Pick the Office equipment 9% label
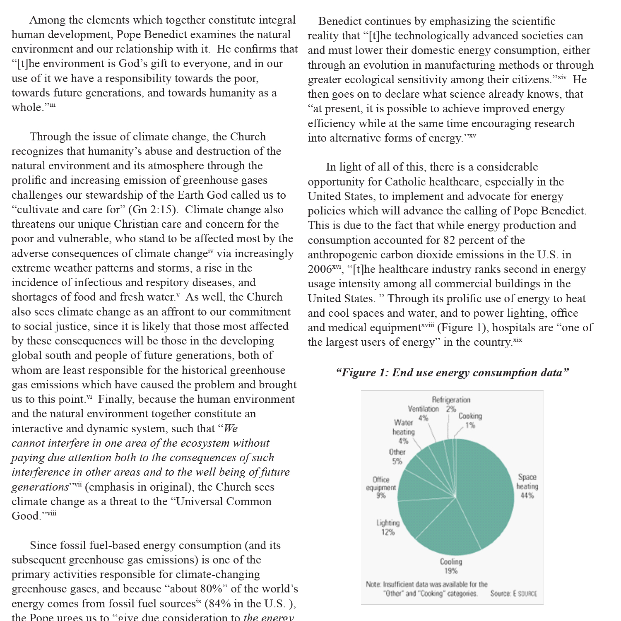[381, 487]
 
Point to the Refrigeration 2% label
[451, 404]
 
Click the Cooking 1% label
[470, 420]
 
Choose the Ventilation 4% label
[423, 413]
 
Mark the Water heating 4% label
[403, 431]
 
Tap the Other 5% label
[397, 456]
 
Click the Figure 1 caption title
[453, 373]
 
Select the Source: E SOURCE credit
[513, 594]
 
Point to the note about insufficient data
[426, 589]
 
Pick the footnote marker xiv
[561, 77]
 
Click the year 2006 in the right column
[320, 270]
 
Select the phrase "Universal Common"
[224, 501]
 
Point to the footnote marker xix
[517, 340]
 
